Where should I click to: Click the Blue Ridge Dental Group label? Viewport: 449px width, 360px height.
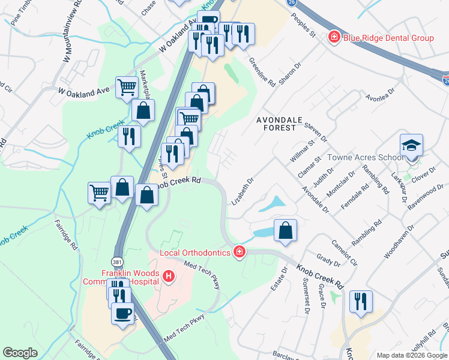388,38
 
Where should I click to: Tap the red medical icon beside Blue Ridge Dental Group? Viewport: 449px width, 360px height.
334,38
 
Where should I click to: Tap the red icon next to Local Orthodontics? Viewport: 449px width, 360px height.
239,252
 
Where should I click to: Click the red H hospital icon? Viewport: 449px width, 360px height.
169,276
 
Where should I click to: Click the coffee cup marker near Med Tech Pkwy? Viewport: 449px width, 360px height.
124,313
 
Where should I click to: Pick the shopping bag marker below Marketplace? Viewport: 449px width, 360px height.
143,111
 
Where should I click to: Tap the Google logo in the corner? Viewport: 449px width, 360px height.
20,353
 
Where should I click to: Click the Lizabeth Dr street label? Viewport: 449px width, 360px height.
243,191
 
